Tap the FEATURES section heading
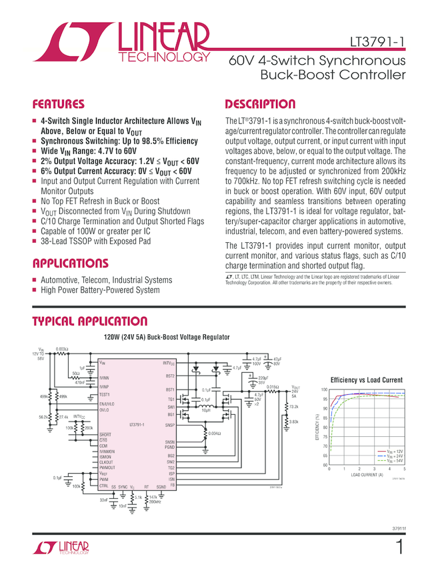(59, 105)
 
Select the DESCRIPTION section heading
(260, 105)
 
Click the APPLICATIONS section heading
(69, 263)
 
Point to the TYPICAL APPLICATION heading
(89, 322)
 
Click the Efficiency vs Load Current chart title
(366, 380)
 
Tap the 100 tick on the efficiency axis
(325, 390)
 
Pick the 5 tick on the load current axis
(405, 470)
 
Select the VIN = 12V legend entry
(394, 452)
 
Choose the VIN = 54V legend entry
(394, 461)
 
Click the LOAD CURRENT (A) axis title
(367, 475)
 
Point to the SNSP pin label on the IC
(169, 424)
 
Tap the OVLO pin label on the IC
(105, 410)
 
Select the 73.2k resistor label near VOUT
(293, 406)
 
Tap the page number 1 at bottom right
(399, 548)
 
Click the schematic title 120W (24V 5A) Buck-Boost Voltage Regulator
(166, 338)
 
